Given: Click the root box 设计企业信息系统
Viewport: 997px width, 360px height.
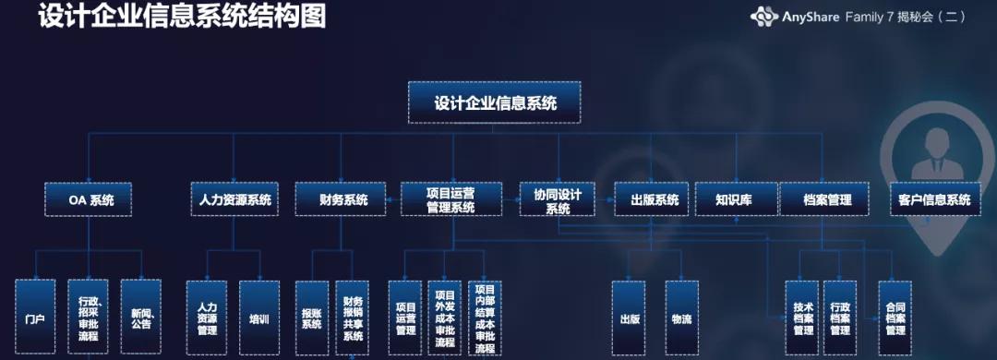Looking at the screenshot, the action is (496, 103).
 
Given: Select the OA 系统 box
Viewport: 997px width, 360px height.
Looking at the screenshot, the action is (88, 199).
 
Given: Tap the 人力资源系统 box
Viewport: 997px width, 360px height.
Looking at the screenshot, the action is (234, 199).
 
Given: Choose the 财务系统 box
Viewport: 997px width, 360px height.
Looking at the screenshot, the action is (343, 199).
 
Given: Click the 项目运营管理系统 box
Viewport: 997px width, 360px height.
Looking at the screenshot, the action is (450, 199).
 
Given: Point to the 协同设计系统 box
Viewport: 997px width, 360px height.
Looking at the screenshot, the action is (558, 200).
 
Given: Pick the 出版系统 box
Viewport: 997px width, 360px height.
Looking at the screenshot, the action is (654, 199).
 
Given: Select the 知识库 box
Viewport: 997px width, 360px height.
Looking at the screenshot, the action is (735, 199).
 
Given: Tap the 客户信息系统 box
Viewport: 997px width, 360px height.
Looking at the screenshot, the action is (935, 199).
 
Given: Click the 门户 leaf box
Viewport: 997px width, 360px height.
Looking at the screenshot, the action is (36, 318).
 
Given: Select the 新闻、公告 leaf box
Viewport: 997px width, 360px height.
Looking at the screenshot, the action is (141, 318).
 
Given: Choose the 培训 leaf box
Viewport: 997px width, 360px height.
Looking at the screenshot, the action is (258, 318).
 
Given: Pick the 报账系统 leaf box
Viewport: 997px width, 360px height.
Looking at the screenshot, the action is (312, 318).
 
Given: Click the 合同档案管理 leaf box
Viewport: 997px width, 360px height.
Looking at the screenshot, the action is (895, 318).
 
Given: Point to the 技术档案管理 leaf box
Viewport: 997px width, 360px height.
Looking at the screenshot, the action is (803, 318).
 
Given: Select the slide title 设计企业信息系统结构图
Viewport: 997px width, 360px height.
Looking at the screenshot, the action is (182, 17).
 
